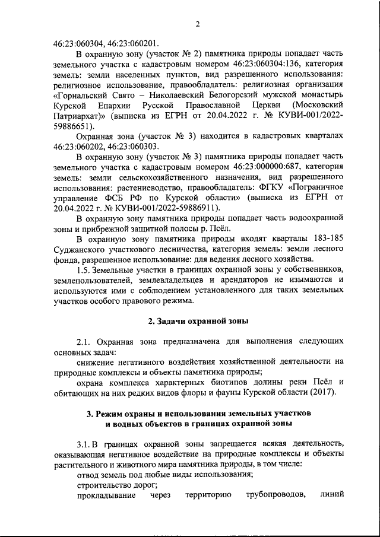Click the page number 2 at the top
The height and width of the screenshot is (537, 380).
[x=198, y=24]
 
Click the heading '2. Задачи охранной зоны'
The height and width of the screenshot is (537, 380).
[x=198, y=321]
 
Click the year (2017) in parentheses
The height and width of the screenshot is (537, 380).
[x=320, y=392]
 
